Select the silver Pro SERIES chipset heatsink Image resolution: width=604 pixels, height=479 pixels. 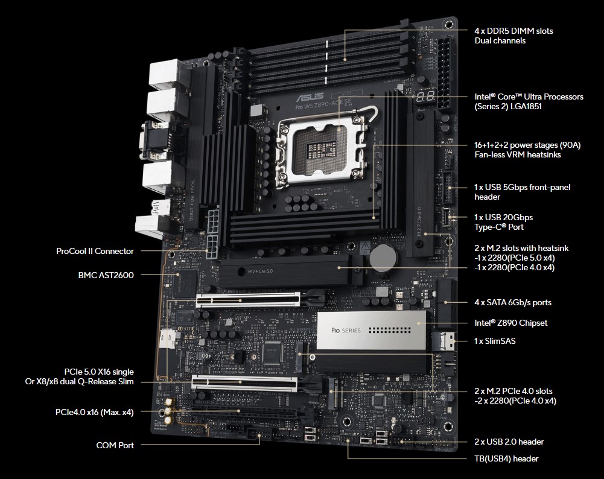(371, 330)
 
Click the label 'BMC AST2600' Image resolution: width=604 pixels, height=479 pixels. (106, 275)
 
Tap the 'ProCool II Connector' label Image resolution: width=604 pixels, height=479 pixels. (95, 251)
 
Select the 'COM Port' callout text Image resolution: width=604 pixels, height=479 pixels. (115, 445)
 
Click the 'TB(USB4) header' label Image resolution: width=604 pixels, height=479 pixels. (506, 458)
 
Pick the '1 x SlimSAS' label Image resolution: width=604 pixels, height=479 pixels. (495, 341)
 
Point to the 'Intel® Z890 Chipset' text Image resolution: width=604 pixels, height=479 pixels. (511, 323)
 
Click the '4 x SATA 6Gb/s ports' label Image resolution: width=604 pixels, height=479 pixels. (513, 302)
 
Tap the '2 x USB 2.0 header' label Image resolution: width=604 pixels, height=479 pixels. (509, 442)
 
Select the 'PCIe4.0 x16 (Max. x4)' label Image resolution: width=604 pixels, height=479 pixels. (94, 412)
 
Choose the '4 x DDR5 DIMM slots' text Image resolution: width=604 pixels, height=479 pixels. (513, 31)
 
